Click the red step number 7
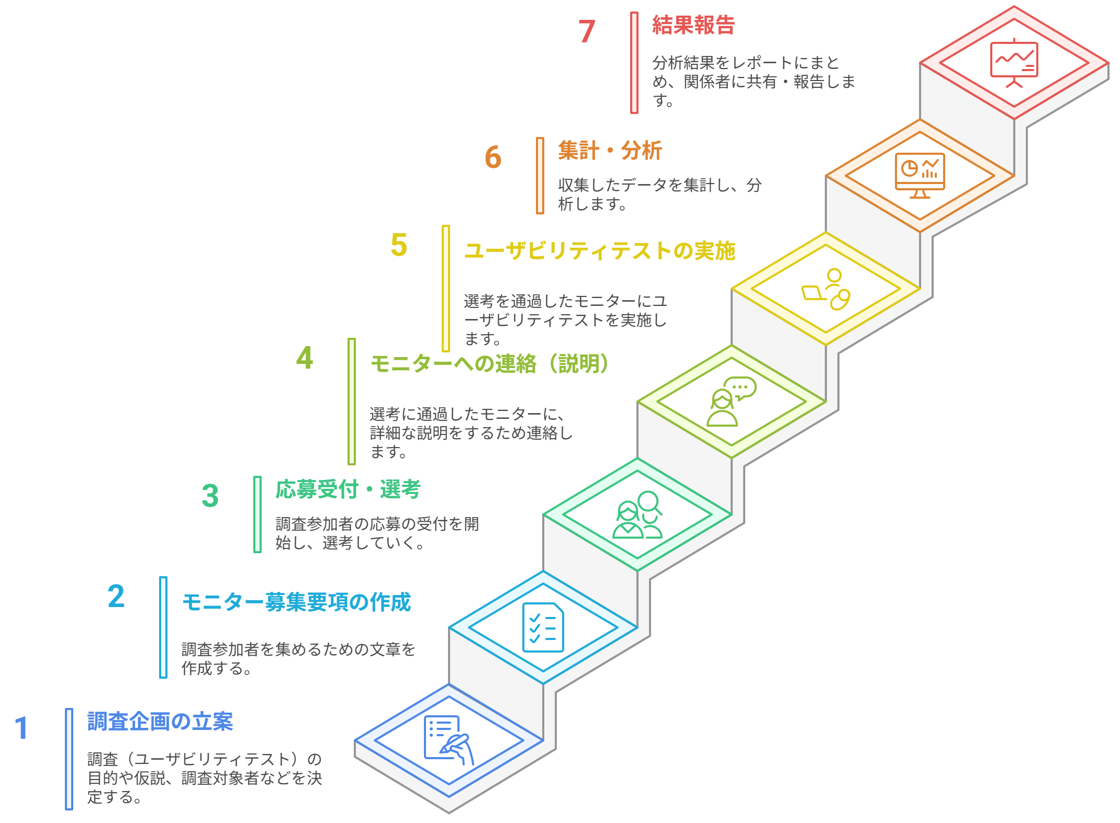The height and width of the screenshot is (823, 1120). point(587,31)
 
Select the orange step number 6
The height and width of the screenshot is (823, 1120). point(493,157)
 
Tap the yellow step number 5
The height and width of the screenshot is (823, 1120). point(399,245)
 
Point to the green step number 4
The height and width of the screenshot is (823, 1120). point(305,358)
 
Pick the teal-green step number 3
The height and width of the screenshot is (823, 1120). point(210,496)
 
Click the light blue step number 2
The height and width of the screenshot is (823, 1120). point(116,596)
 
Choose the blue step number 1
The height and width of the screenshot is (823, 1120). point(21,728)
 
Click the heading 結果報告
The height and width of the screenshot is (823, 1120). point(693,25)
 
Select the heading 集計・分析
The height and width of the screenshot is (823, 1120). point(610,151)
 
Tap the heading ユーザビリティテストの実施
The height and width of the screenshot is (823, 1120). point(600,251)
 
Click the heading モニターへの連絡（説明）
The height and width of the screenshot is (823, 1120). point(489,364)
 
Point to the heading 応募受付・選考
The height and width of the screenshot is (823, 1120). point(348,489)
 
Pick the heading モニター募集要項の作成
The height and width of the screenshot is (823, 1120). point(296,602)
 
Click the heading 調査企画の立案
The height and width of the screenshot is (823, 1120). point(160,722)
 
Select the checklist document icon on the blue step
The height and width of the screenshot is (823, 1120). point(543,627)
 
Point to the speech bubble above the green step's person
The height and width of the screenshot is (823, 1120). point(741,388)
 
